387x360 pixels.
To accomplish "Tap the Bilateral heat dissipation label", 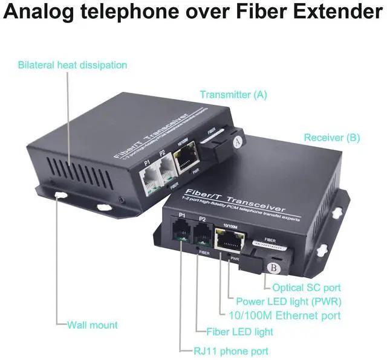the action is click(73, 65).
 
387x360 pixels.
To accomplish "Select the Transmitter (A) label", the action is click(233, 95).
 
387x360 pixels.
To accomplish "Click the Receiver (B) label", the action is click(333, 138).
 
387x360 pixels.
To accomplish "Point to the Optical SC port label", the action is click(307, 288).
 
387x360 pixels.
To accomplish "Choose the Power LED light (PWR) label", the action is click(288, 301).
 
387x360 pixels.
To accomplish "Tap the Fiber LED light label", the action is click(240, 332).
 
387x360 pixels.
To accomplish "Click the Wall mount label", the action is click(92, 325).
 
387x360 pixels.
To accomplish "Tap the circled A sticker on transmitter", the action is click(238, 141).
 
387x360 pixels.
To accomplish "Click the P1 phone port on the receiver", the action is click(180, 233).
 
